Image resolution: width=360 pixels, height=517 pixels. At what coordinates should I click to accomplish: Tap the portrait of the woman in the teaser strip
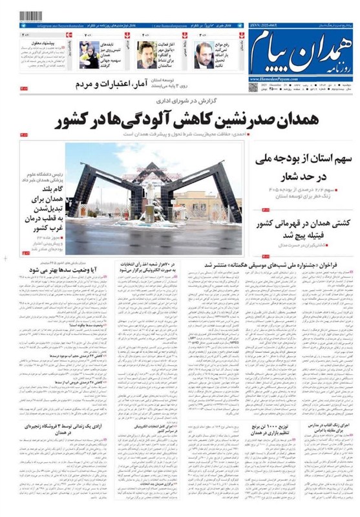click(89, 55)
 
